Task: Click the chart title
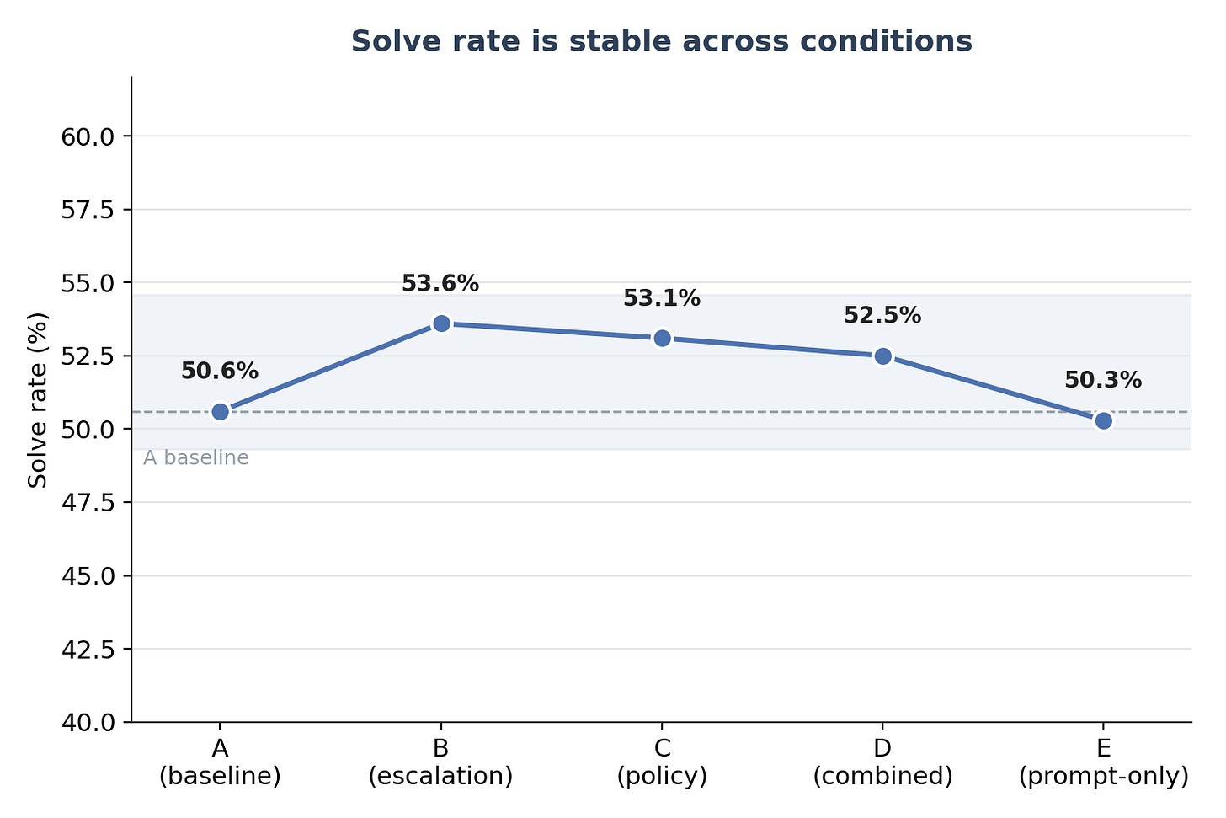point(661,41)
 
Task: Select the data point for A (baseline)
point(220,412)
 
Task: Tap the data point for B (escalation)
point(441,323)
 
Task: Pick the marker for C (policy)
point(662,339)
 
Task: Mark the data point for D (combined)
point(882,356)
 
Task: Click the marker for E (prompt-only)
point(1103,420)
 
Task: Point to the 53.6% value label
point(440,284)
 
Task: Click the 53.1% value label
point(662,298)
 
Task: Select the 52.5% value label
point(882,315)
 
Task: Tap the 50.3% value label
point(1103,380)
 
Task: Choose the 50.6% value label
point(220,372)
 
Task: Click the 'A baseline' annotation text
point(196,457)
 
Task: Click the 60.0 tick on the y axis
point(88,136)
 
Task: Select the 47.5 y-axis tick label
point(88,503)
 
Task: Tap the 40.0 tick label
point(88,723)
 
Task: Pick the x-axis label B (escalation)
point(440,762)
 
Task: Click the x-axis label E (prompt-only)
point(1103,762)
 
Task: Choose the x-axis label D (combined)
point(882,762)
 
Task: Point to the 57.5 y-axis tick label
point(88,210)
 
